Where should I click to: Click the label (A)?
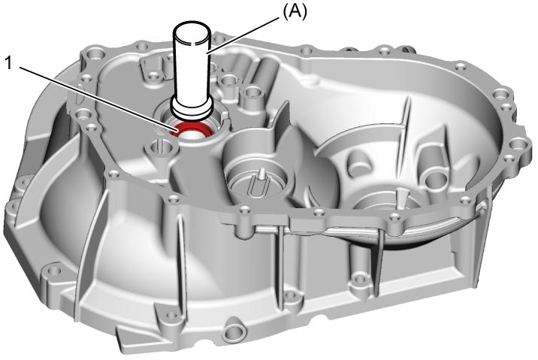coord(295,12)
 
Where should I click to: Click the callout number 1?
coord(10,63)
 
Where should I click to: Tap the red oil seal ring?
coord(193,131)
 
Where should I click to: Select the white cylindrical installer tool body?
coord(192,68)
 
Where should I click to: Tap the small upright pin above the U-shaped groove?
coord(261,174)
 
